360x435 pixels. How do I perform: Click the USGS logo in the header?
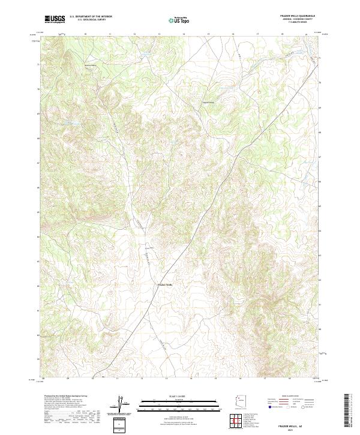(55, 19)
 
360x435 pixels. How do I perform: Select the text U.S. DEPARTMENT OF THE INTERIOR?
(91, 16)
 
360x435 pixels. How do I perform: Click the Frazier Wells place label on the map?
(164, 284)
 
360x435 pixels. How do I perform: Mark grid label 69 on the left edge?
(40, 113)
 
